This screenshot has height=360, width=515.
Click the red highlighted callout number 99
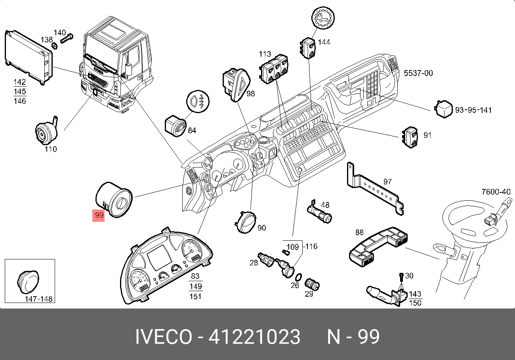tap(98, 215)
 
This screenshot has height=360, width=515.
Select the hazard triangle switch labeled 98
tap(237, 85)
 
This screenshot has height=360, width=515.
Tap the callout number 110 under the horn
tap(51, 149)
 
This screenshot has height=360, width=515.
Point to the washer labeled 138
tap(55, 46)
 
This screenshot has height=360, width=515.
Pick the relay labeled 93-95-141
tap(443, 109)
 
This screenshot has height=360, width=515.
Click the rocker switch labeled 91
tap(410, 137)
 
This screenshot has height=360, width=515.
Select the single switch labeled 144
tap(308, 48)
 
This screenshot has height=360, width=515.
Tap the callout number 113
tap(265, 54)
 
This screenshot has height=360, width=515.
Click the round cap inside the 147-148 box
tap(28, 282)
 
